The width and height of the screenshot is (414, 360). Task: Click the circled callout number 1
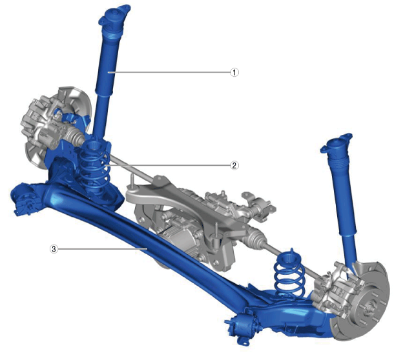tap(234, 72)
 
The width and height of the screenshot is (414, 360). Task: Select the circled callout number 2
tap(234, 165)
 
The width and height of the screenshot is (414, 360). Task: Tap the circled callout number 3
tap(54, 248)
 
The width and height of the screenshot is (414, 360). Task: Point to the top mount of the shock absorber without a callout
tap(336, 144)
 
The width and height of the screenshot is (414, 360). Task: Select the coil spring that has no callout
tap(290, 274)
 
